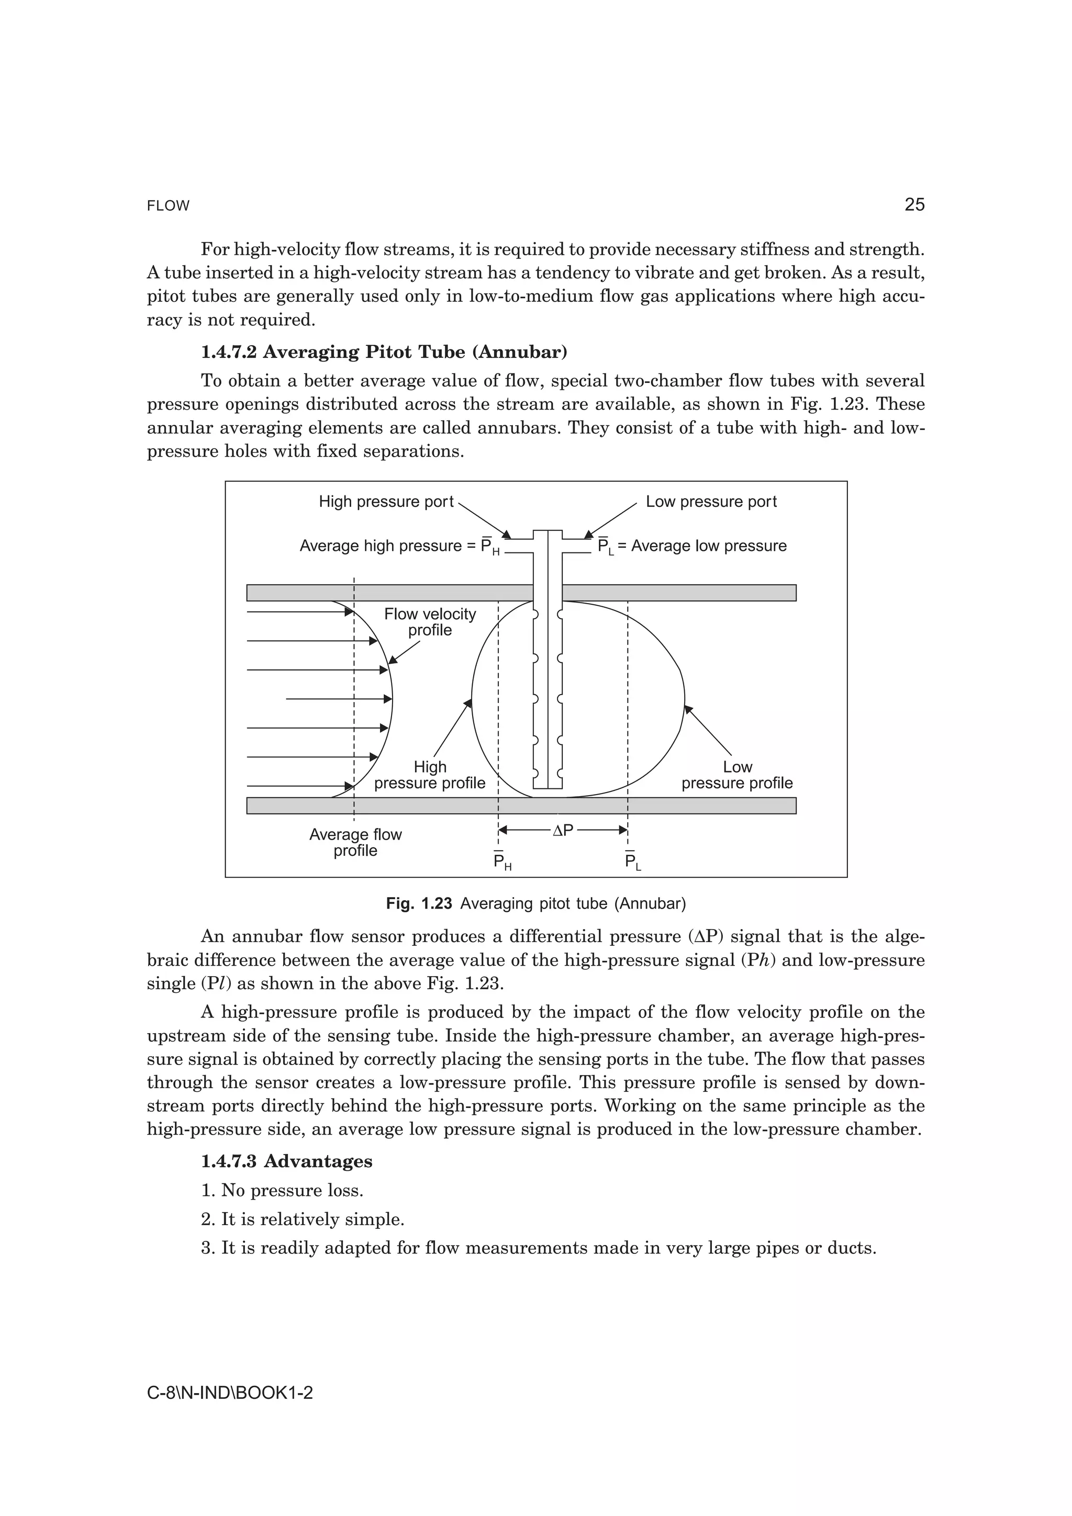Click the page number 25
coord(914,205)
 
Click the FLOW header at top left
coord(168,206)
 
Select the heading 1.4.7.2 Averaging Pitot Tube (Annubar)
coord(384,352)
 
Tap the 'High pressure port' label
coord(386,502)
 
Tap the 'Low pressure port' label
coord(711,502)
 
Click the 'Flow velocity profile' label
coord(430,622)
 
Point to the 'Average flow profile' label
coord(355,843)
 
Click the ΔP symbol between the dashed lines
coord(562,831)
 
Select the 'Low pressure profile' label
coord(737,775)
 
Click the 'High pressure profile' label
coord(430,775)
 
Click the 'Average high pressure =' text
coord(388,546)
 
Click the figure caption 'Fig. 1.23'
coord(419,903)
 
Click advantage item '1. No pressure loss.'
coord(282,1191)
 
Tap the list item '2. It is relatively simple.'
coord(303,1219)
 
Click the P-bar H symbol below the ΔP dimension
coord(502,862)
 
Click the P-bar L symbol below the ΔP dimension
coord(633,862)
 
